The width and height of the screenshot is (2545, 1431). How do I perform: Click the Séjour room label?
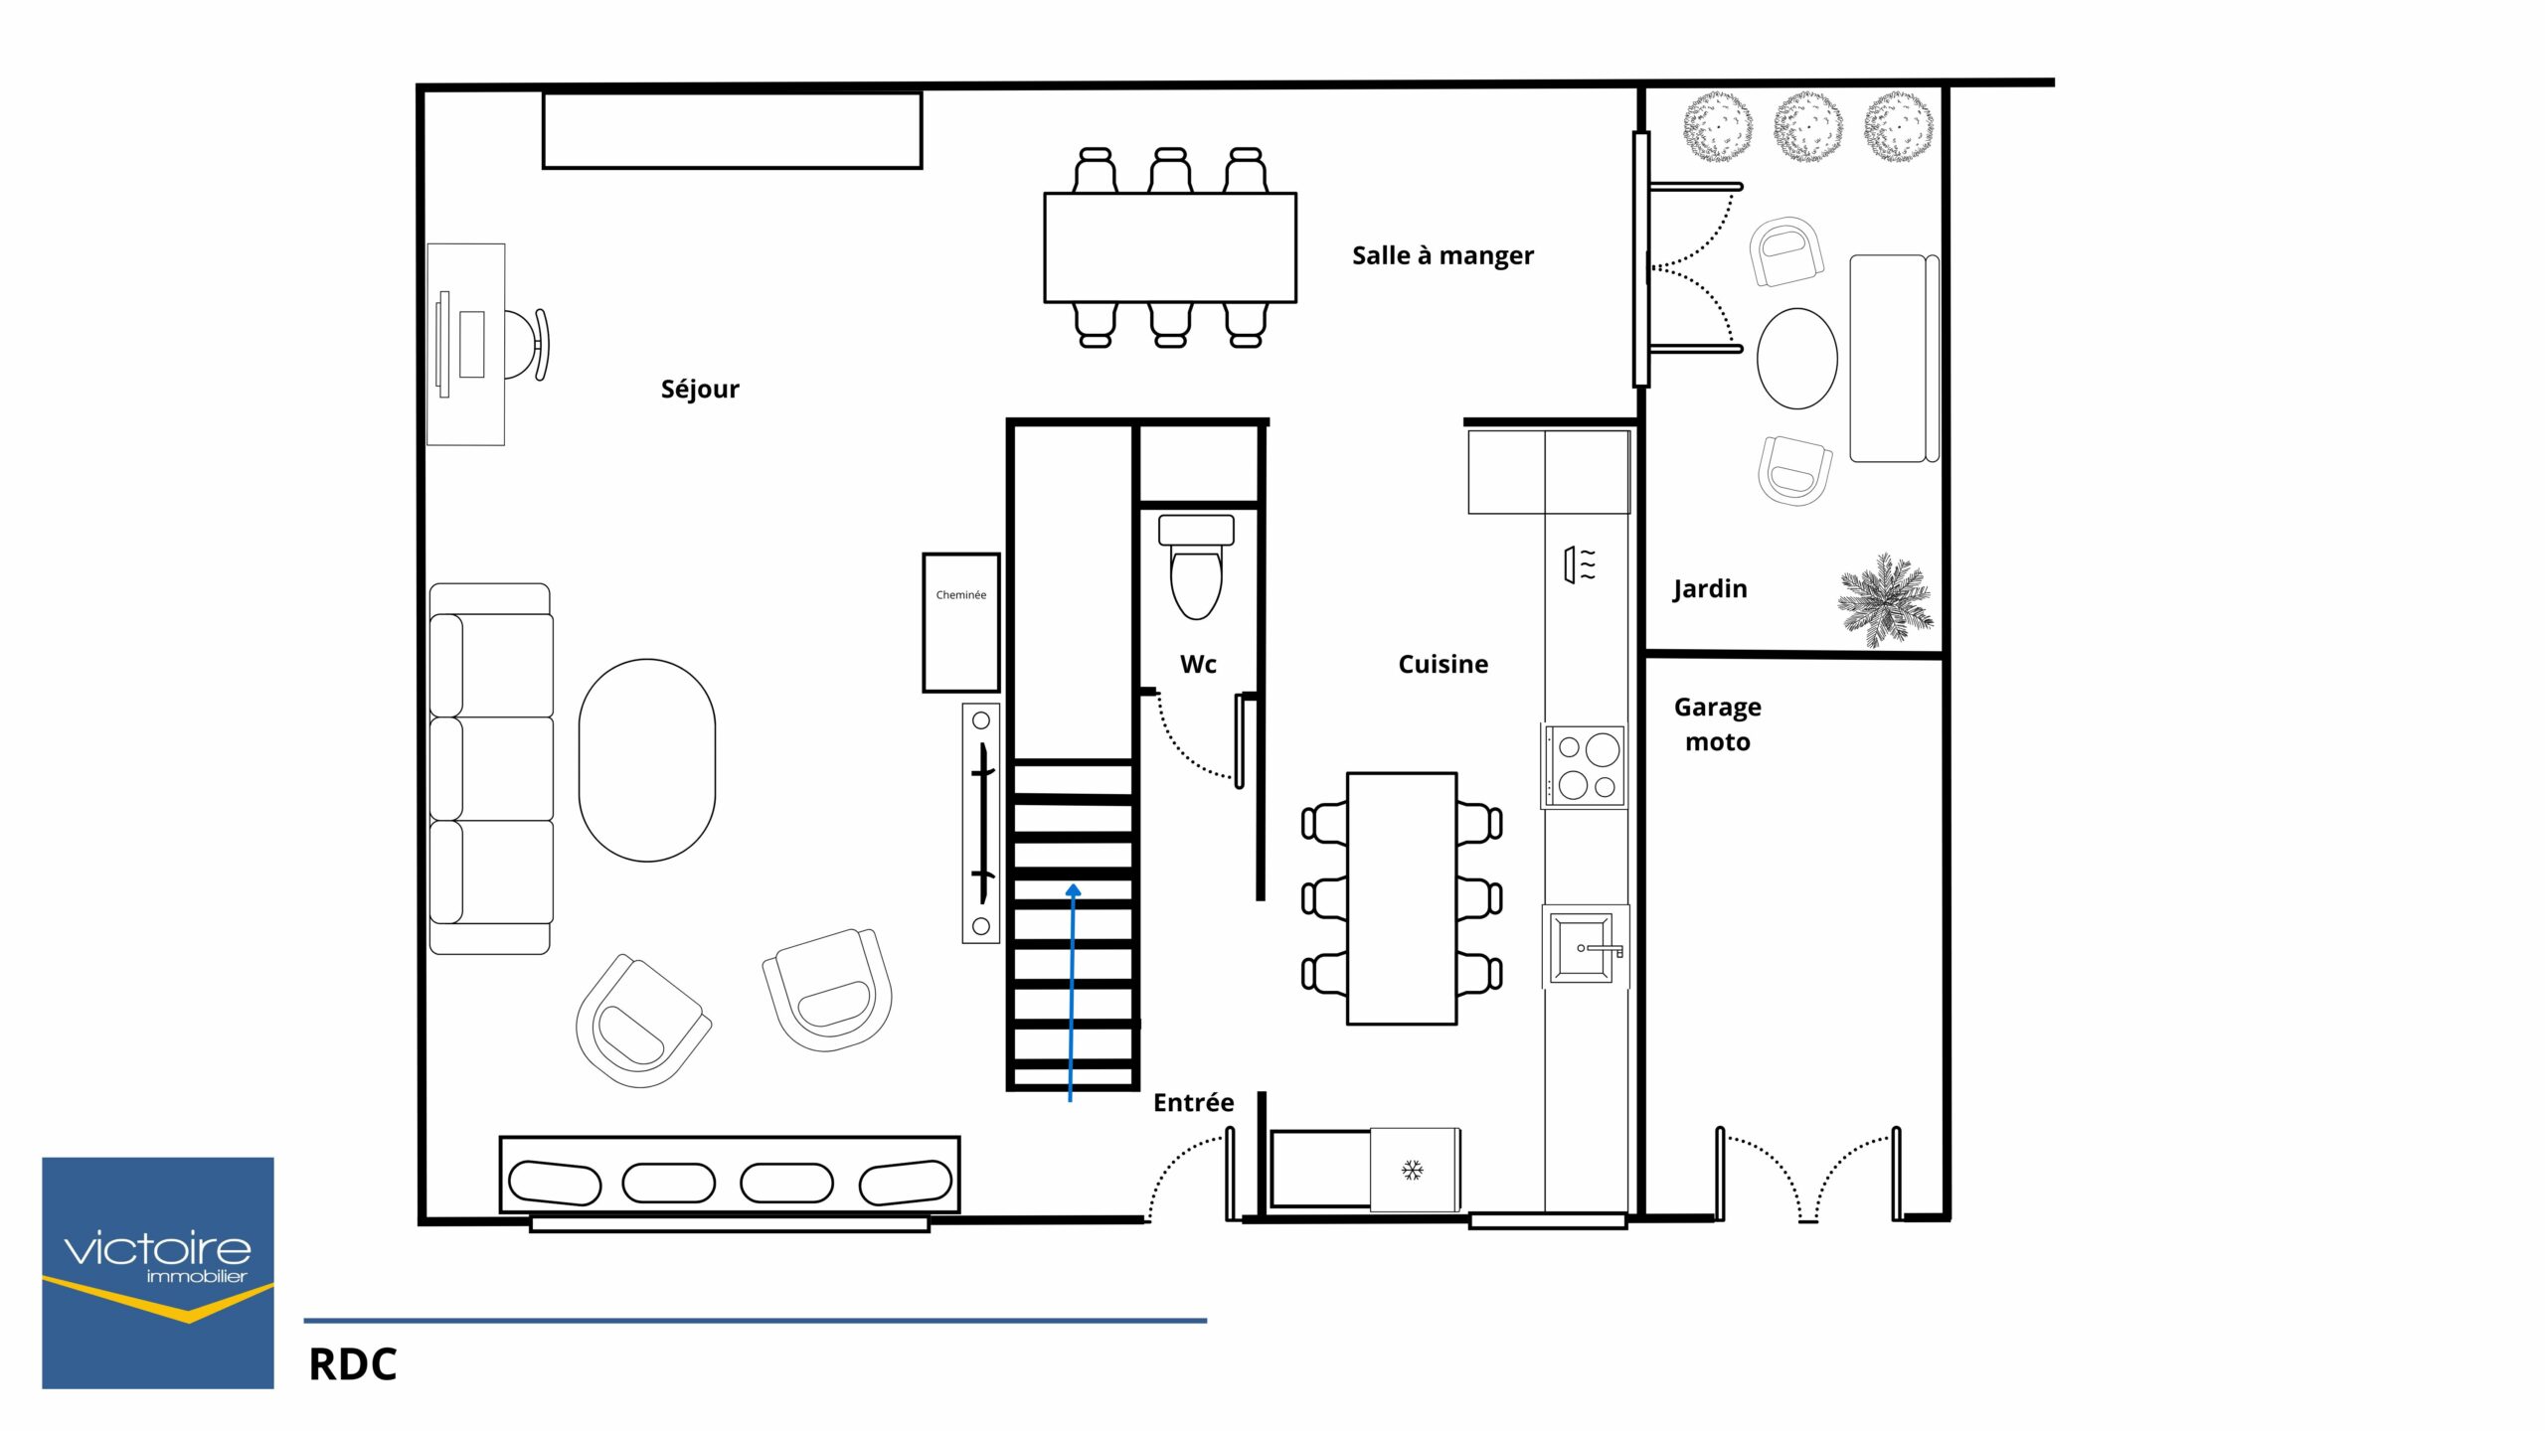tap(700, 390)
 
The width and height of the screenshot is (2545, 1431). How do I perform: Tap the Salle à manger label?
tap(1442, 255)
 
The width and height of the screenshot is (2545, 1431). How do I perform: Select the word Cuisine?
tap(1442, 664)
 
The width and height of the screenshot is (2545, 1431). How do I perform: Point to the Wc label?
tap(1198, 664)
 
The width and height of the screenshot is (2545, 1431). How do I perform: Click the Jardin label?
tap(1710, 589)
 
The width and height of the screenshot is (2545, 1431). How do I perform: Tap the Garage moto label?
tap(1718, 724)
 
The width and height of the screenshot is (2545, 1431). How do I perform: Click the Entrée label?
tap(1193, 1102)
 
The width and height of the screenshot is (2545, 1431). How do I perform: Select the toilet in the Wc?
tap(1196, 566)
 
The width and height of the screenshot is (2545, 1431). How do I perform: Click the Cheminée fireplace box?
tap(961, 622)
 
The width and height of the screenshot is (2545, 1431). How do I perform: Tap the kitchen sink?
tap(1584, 947)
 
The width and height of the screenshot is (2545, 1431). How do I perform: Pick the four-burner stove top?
tap(1585, 766)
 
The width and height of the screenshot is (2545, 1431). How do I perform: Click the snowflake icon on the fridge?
tap(1413, 1171)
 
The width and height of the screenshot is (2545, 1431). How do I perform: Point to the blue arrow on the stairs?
tap(1072, 993)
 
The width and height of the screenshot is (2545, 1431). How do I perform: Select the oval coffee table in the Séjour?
tap(647, 760)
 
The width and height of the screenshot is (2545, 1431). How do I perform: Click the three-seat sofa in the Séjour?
tap(491, 769)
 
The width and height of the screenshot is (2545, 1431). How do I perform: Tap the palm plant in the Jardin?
tap(1886, 599)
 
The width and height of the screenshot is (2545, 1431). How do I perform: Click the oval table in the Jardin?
tap(1797, 359)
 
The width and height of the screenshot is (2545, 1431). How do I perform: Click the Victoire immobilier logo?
tap(158, 1273)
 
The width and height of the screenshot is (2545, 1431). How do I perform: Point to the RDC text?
tap(353, 1365)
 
